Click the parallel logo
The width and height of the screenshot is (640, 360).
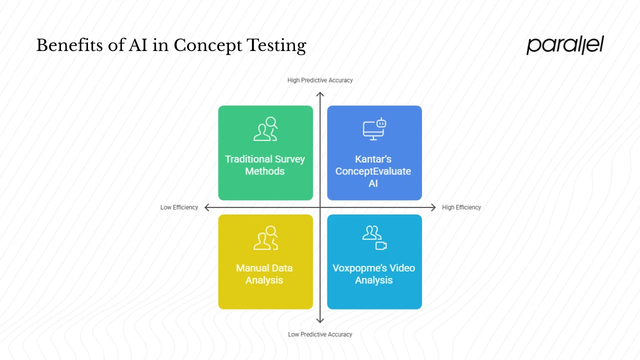click(565, 45)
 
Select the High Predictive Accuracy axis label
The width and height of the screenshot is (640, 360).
click(320, 80)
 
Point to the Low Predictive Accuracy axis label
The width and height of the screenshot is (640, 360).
click(320, 334)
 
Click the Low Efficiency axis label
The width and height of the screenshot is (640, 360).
click(179, 207)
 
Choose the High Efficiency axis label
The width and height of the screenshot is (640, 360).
click(461, 207)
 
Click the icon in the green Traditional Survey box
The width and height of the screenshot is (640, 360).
click(265, 129)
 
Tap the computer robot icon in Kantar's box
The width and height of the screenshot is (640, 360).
click(374, 128)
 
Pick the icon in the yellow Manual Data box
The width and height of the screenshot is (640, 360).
click(265, 238)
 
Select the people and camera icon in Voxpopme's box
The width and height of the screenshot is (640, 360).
click(374, 237)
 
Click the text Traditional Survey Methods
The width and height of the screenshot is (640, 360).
click(265, 165)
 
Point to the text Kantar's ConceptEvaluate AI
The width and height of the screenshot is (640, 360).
click(373, 171)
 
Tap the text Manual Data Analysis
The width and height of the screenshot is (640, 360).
click(264, 274)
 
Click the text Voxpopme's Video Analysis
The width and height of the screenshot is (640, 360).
click(374, 274)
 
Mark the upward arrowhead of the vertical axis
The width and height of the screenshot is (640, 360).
click(320, 94)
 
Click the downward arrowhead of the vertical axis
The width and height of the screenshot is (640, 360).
click(320, 320)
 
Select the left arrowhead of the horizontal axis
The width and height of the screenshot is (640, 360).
click(207, 207)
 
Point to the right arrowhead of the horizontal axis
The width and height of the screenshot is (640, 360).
click(433, 207)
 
